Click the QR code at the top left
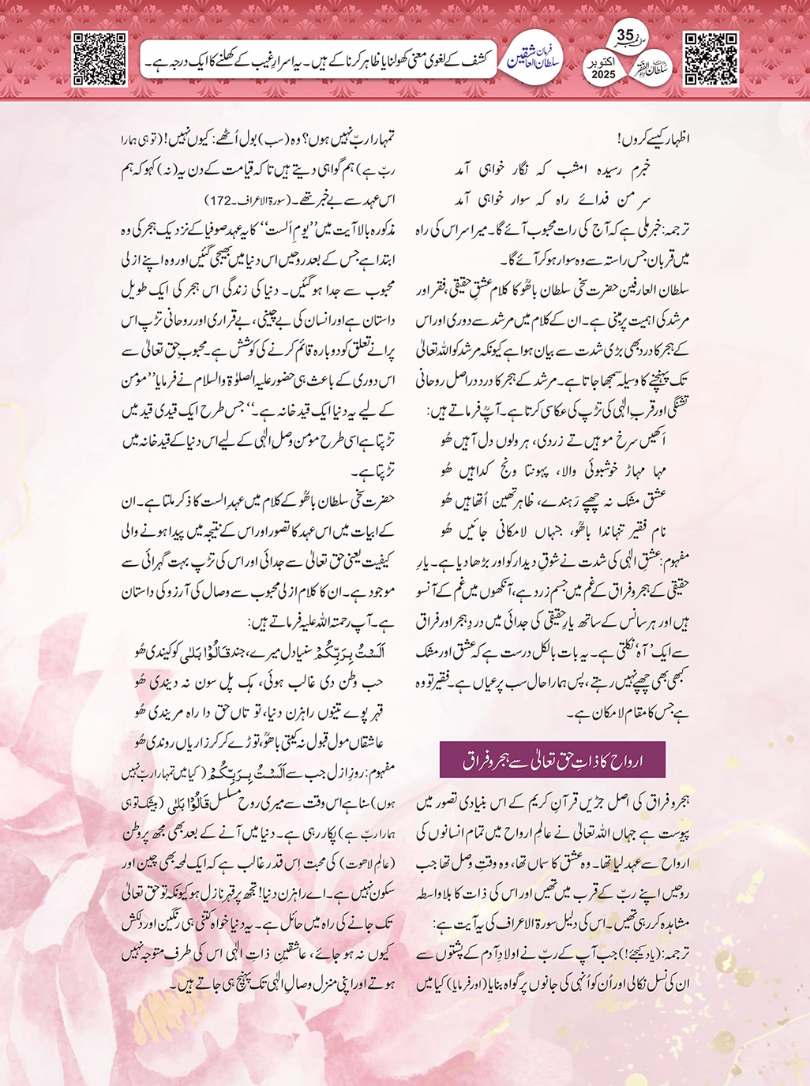(99, 58)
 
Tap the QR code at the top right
(711, 58)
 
